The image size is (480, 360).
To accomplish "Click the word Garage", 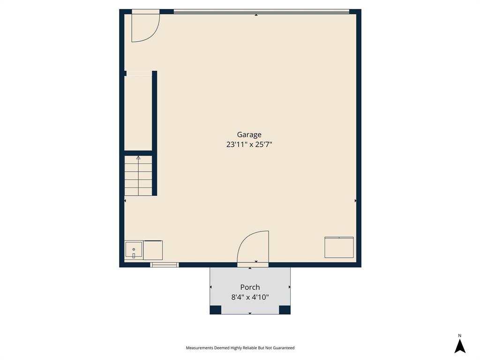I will coord(249,135).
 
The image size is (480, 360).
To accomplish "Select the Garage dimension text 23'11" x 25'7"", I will coord(249,145).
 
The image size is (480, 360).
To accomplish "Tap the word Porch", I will coord(250,287).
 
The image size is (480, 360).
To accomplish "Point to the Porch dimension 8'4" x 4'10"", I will coord(250,297).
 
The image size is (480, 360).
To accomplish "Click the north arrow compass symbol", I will coord(460,346).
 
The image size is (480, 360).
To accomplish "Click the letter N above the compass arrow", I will coord(460,335).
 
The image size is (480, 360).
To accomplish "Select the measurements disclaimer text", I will coord(240,348).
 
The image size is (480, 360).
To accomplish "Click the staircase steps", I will coord(138,176).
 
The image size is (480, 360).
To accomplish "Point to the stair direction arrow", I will coord(138,158).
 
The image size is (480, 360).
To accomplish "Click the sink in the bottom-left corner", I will coord(134,250).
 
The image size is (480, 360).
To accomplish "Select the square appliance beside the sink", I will coord(153,250).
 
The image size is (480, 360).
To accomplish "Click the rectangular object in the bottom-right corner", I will coord(339,247).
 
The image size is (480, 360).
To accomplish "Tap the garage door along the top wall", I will coord(261,12).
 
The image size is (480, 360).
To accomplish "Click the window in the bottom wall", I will coord(165,265).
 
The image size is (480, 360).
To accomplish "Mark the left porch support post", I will coord(215,309).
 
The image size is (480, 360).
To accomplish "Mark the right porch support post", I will coord(285,309).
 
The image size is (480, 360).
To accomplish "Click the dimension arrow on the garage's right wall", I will coord(355,201).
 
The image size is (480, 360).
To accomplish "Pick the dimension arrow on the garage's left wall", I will coord(125,201).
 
